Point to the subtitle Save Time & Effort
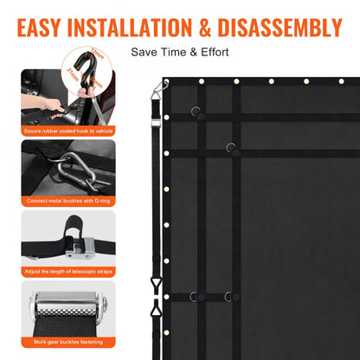180,52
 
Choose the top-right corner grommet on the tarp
341,81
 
